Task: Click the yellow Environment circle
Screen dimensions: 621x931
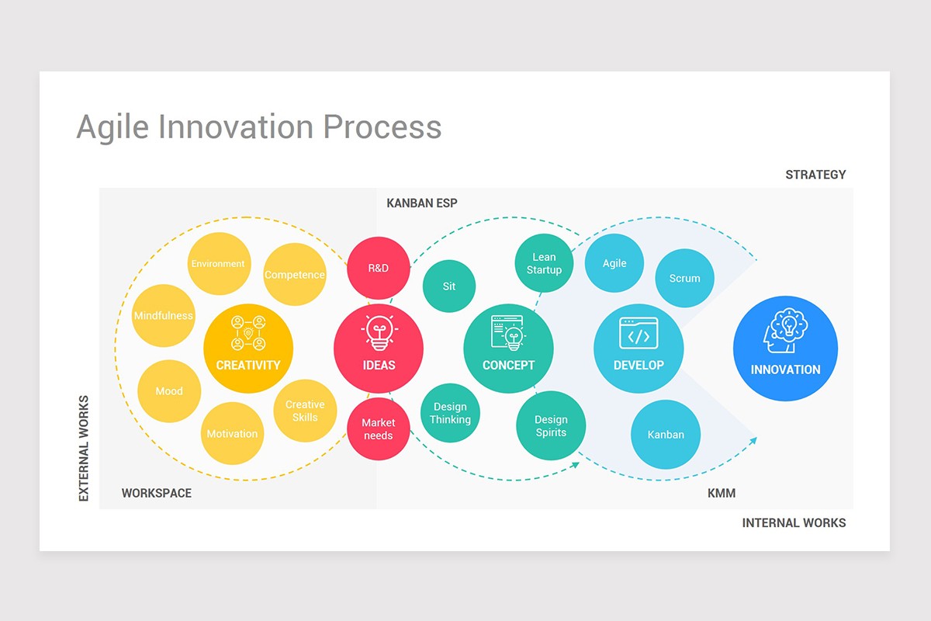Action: tap(218, 264)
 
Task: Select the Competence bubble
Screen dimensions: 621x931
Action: tap(294, 275)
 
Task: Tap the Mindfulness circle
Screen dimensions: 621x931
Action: tap(163, 316)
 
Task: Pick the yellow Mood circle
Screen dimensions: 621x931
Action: tap(168, 391)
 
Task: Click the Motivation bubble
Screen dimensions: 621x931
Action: tap(232, 434)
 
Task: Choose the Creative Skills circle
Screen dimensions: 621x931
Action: tap(305, 411)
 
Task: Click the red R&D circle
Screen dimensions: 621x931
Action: tap(378, 268)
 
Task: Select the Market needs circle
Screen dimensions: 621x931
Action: tap(378, 429)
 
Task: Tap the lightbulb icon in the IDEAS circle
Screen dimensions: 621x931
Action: tap(379, 332)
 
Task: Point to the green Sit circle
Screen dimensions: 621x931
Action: tap(449, 286)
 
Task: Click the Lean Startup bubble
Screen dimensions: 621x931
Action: tap(544, 263)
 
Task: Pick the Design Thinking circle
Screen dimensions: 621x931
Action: tap(450, 413)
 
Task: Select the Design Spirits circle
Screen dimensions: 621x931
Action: tap(551, 426)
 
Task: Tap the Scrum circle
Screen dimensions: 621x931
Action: tap(684, 278)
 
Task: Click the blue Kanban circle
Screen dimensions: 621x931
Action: tap(666, 435)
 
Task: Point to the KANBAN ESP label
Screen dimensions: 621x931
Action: tap(422, 203)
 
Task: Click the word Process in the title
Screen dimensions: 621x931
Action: tap(382, 127)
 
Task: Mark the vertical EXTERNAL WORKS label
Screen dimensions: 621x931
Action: tap(84, 448)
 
